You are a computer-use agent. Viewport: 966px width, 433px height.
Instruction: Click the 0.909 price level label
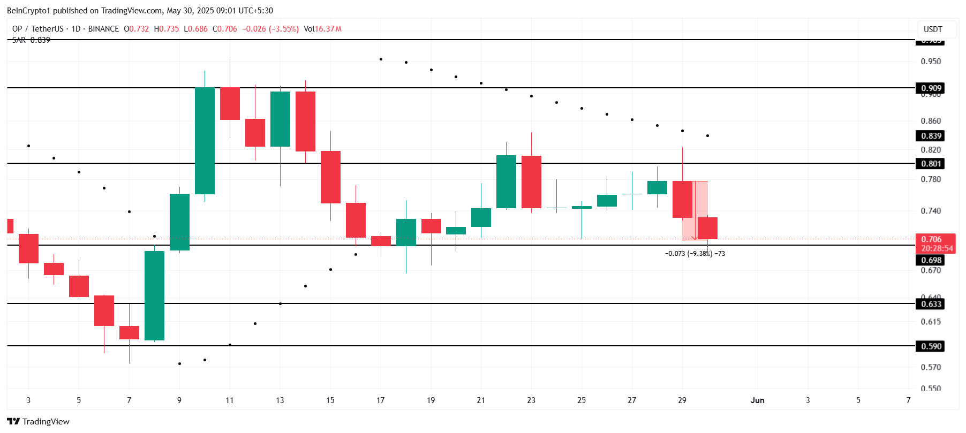[x=931, y=88]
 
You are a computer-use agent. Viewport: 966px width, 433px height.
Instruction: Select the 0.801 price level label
[x=931, y=164]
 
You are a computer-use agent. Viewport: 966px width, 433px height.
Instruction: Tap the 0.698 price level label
[x=931, y=260]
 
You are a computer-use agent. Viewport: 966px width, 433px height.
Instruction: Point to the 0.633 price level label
[x=931, y=304]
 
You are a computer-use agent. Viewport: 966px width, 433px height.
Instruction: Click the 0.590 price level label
[x=931, y=346]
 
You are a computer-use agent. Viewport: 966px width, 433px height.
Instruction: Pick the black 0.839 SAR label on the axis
[x=931, y=136]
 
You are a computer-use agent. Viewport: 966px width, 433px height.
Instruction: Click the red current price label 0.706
[x=931, y=239]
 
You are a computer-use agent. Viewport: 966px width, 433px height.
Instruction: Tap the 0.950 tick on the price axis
[x=930, y=62]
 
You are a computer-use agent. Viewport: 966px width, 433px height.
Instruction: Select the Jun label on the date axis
[x=757, y=400]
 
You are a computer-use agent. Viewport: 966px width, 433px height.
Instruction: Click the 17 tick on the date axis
[x=380, y=400]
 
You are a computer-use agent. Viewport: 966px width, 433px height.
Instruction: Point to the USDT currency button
[x=933, y=29]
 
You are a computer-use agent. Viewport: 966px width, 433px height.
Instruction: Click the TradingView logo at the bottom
[x=39, y=422]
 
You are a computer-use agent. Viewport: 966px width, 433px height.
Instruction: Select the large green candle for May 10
[x=205, y=140]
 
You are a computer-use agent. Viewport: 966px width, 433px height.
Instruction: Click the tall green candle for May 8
[x=154, y=295]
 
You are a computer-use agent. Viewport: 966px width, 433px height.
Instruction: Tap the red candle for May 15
[x=330, y=177]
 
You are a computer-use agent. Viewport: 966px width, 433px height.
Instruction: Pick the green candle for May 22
[x=506, y=181]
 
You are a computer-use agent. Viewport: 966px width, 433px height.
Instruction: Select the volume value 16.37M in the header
[x=328, y=29]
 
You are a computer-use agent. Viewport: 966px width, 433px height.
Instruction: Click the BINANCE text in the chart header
[x=103, y=29]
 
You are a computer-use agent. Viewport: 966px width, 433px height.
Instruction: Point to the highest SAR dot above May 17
[x=381, y=59]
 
